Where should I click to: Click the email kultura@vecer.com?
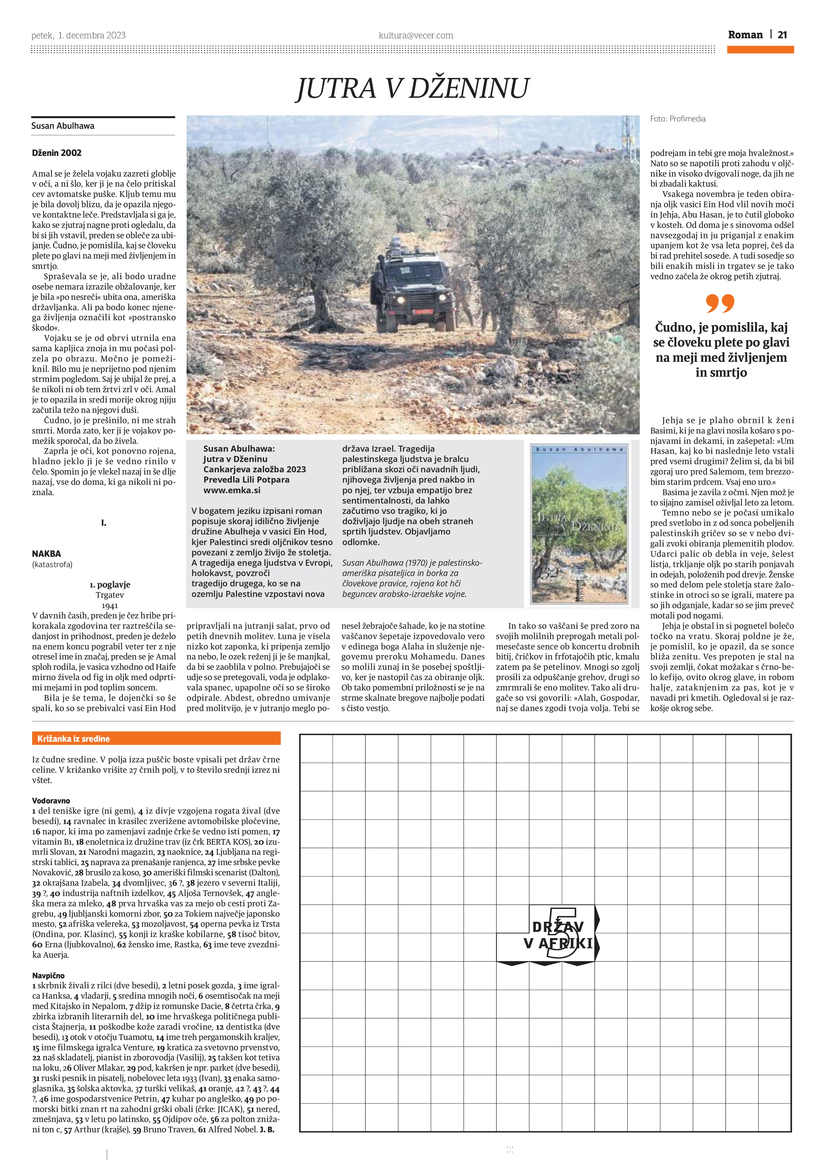[x=416, y=35]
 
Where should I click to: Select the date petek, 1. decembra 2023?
[x=78, y=35]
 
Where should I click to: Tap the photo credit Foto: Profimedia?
[x=678, y=119]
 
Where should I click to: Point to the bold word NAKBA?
[x=46, y=554]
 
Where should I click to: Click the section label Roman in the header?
[x=745, y=35]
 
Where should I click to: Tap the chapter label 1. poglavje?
[x=110, y=584]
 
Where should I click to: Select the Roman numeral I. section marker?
[x=103, y=523]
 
